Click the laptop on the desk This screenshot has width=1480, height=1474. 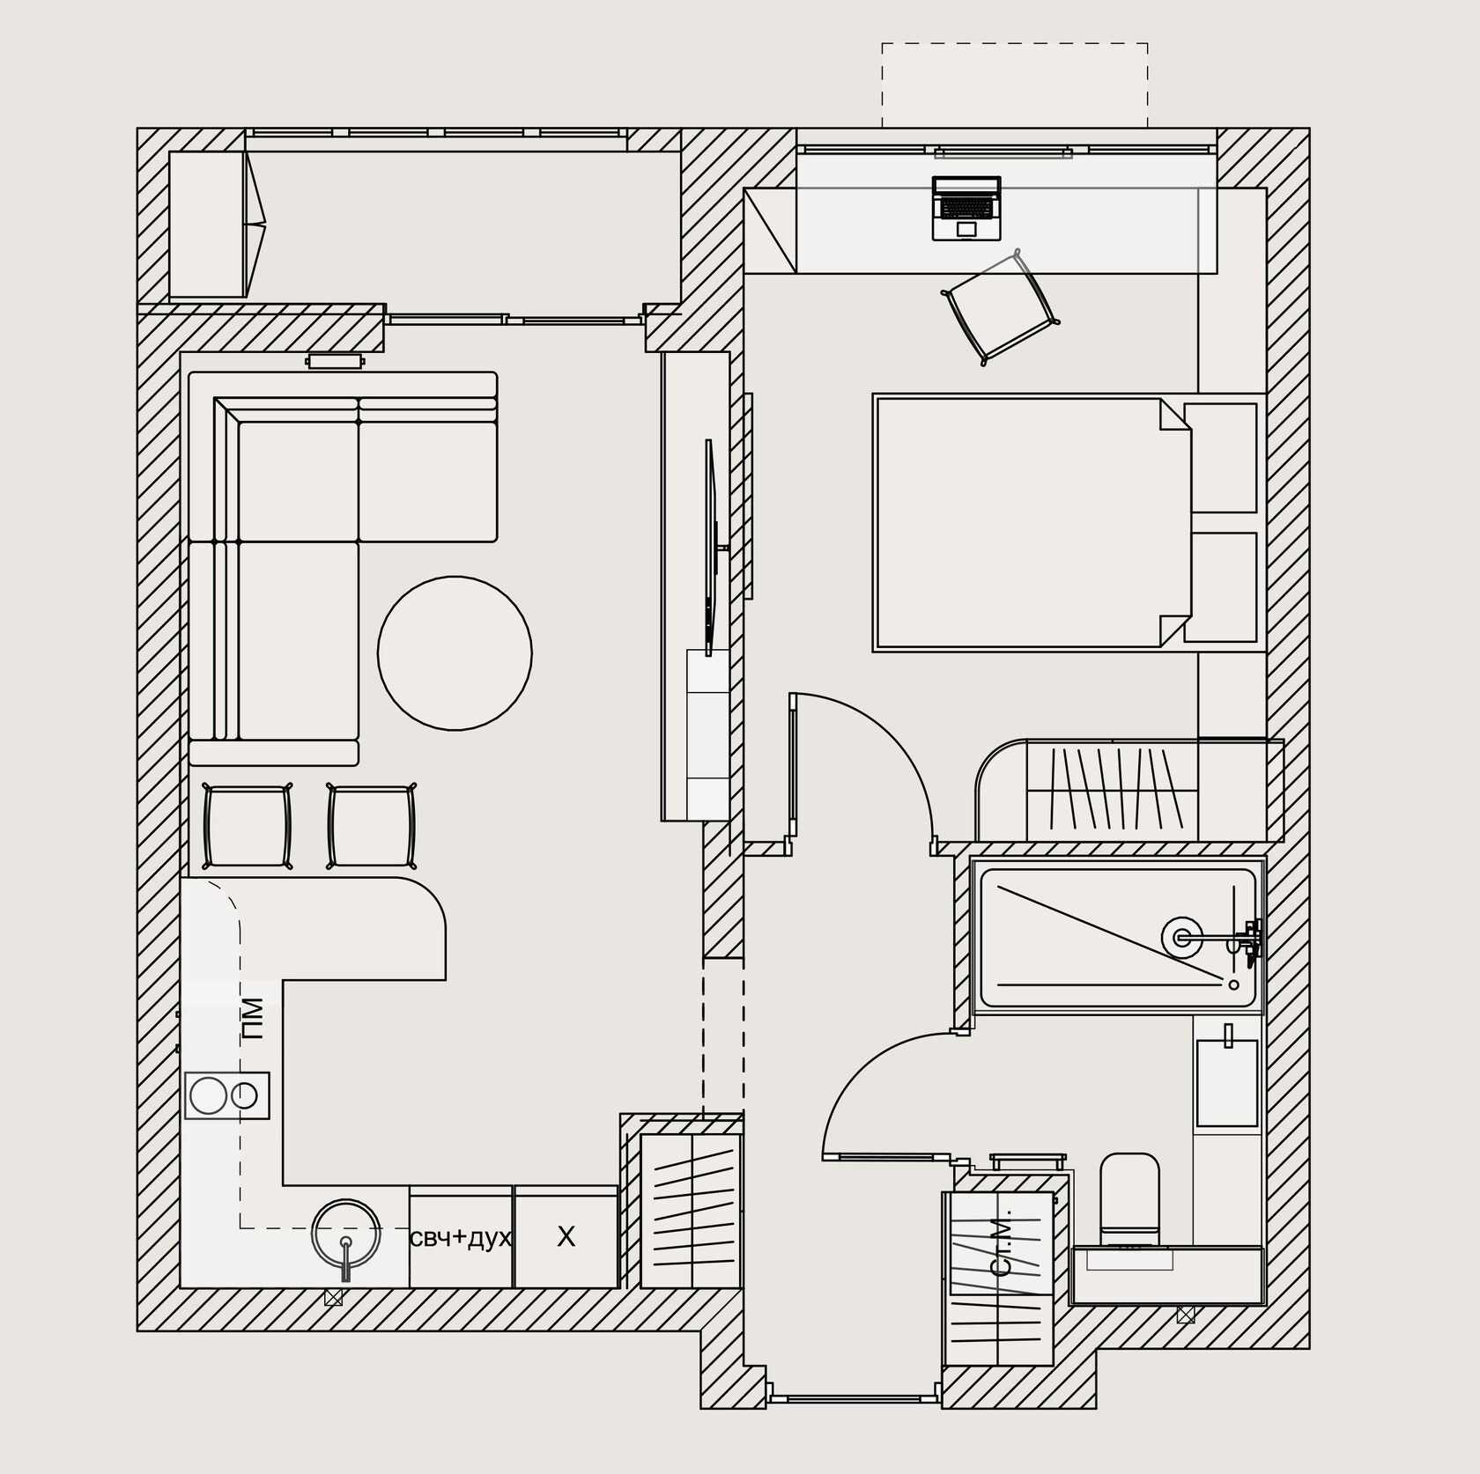(967, 208)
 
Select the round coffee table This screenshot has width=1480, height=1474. (455, 652)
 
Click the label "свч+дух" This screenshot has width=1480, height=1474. (460, 1238)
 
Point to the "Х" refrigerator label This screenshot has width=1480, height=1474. (566, 1237)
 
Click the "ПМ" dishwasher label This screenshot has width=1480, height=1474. (254, 1019)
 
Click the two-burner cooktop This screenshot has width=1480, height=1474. (227, 1095)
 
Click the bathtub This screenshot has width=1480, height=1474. (1116, 938)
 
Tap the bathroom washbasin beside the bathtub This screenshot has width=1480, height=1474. (1226, 1082)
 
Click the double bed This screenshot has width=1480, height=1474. (1032, 523)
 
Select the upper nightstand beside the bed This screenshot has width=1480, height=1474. (1220, 458)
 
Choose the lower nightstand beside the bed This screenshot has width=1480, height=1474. (1220, 586)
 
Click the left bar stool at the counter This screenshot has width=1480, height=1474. (248, 826)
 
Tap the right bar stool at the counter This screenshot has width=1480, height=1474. (372, 826)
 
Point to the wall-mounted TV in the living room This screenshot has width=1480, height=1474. (712, 546)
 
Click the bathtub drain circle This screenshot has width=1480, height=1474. (1181, 936)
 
